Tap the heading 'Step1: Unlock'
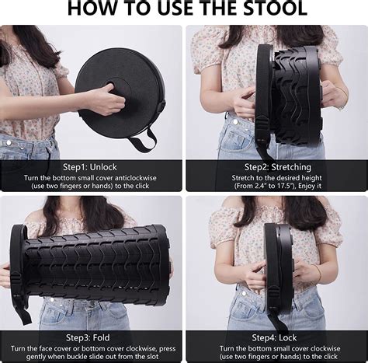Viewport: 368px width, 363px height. [x=90, y=167]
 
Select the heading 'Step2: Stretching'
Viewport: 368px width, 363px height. [x=278, y=167]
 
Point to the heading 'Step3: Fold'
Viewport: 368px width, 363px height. [x=88, y=338]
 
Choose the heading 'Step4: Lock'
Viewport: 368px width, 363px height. [x=275, y=338]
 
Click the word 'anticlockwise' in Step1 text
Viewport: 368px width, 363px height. [x=136, y=178]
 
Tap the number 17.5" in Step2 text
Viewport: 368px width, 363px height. [x=286, y=186]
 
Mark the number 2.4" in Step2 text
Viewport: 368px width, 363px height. [x=259, y=186]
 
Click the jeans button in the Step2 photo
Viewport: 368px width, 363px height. [x=235, y=121]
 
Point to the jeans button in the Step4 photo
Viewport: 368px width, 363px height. [x=244, y=294]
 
